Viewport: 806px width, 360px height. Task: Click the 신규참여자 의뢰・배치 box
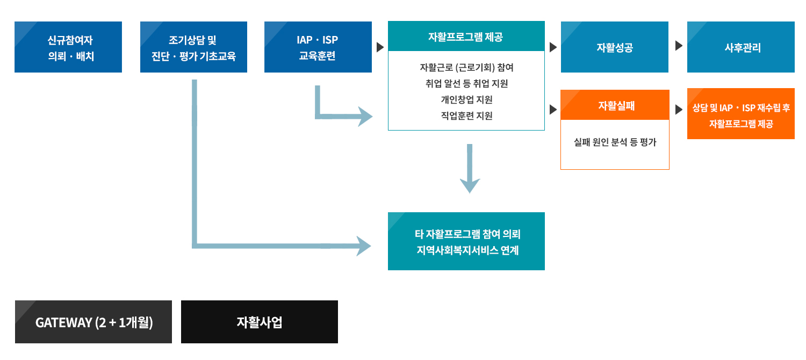(x=68, y=47)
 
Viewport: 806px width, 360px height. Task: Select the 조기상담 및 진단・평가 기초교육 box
(x=193, y=47)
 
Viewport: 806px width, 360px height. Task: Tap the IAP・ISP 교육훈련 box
(x=318, y=47)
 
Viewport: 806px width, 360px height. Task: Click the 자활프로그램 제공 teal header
(x=466, y=37)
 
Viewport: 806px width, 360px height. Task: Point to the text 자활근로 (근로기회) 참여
(x=466, y=68)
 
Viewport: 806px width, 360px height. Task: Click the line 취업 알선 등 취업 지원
(x=466, y=84)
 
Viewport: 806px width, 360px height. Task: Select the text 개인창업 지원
(x=466, y=99)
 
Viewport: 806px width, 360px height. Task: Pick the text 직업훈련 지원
(x=466, y=116)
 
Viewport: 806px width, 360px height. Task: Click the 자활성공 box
(x=615, y=47)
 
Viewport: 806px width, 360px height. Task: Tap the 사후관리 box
(x=740, y=47)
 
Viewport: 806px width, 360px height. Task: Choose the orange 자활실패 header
(x=615, y=105)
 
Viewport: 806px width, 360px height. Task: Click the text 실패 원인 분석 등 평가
(x=615, y=143)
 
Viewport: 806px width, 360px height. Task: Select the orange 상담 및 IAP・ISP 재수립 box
(x=740, y=114)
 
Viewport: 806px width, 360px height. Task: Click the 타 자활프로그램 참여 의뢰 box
(x=466, y=241)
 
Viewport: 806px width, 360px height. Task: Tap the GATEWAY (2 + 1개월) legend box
(x=93, y=322)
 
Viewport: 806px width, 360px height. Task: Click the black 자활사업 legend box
(x=260, y=322)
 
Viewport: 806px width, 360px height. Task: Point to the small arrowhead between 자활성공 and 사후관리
(x=679, y=46)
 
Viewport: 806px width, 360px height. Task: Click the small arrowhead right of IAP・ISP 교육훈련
(x=380, y=47)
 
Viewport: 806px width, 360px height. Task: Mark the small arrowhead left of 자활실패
(x=553, y=110)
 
